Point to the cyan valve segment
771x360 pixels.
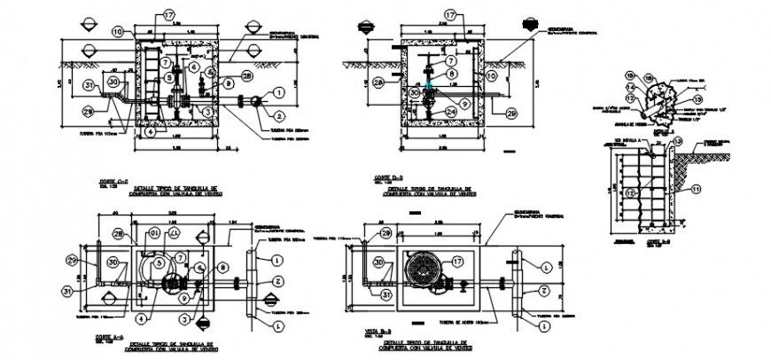(430, 90)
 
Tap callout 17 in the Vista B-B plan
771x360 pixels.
(458, 262)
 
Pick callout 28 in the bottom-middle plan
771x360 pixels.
(385, 233)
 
